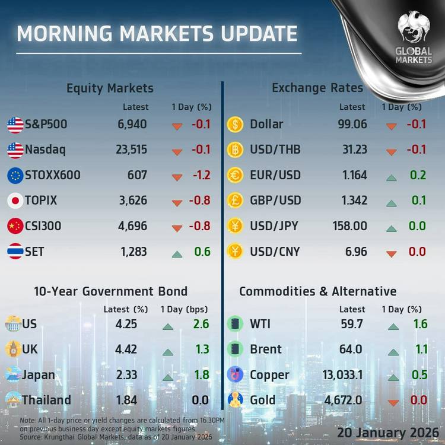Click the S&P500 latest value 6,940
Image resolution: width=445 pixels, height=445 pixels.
(132, 125)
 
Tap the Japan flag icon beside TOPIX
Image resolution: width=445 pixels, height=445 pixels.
(15, 201)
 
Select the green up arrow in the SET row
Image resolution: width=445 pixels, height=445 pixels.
(177, 254)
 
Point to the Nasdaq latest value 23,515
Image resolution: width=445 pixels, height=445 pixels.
(131, 150)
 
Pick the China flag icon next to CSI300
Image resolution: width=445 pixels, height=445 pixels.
(15, 226)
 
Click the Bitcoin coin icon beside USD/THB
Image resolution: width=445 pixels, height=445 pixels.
(236, 150)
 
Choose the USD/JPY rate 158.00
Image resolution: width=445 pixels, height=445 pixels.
(350, 226)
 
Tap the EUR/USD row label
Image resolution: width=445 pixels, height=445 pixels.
(275, 175)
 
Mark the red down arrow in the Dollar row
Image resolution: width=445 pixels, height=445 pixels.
(391, 126)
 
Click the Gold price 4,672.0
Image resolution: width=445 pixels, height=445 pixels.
(343, 400)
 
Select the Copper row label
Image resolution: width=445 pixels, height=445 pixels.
(270, 375)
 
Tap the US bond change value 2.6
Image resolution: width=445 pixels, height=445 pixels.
(201, 325)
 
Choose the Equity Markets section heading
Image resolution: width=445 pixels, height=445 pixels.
(110, 88)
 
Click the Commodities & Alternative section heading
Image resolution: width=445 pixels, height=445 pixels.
(317, 291)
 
